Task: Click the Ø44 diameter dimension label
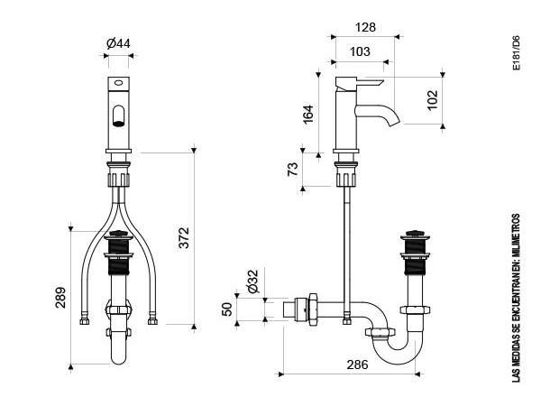[x=118, y=43]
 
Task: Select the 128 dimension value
[x=365, y=27]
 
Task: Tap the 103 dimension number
[x=360, y=51]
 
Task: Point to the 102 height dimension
[x=433, y=100]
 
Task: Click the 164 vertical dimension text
[x=307, y=115]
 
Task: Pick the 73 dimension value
[x=292, y=170]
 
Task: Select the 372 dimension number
[x=184, y=237]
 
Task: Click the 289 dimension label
[x=60, y=297]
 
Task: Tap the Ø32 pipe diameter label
[x=253, y=281]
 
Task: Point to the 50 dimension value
[x=227, y=309]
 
